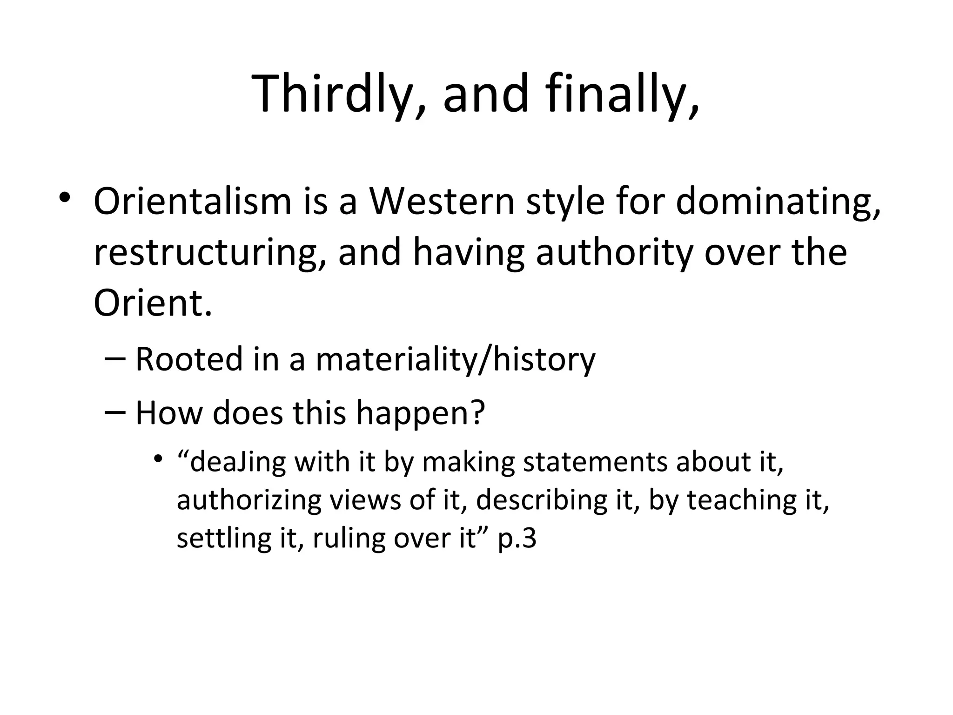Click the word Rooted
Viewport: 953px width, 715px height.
pos(189,360)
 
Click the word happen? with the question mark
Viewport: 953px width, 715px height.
pos(421,413)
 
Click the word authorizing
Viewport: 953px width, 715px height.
pos(249,500)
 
